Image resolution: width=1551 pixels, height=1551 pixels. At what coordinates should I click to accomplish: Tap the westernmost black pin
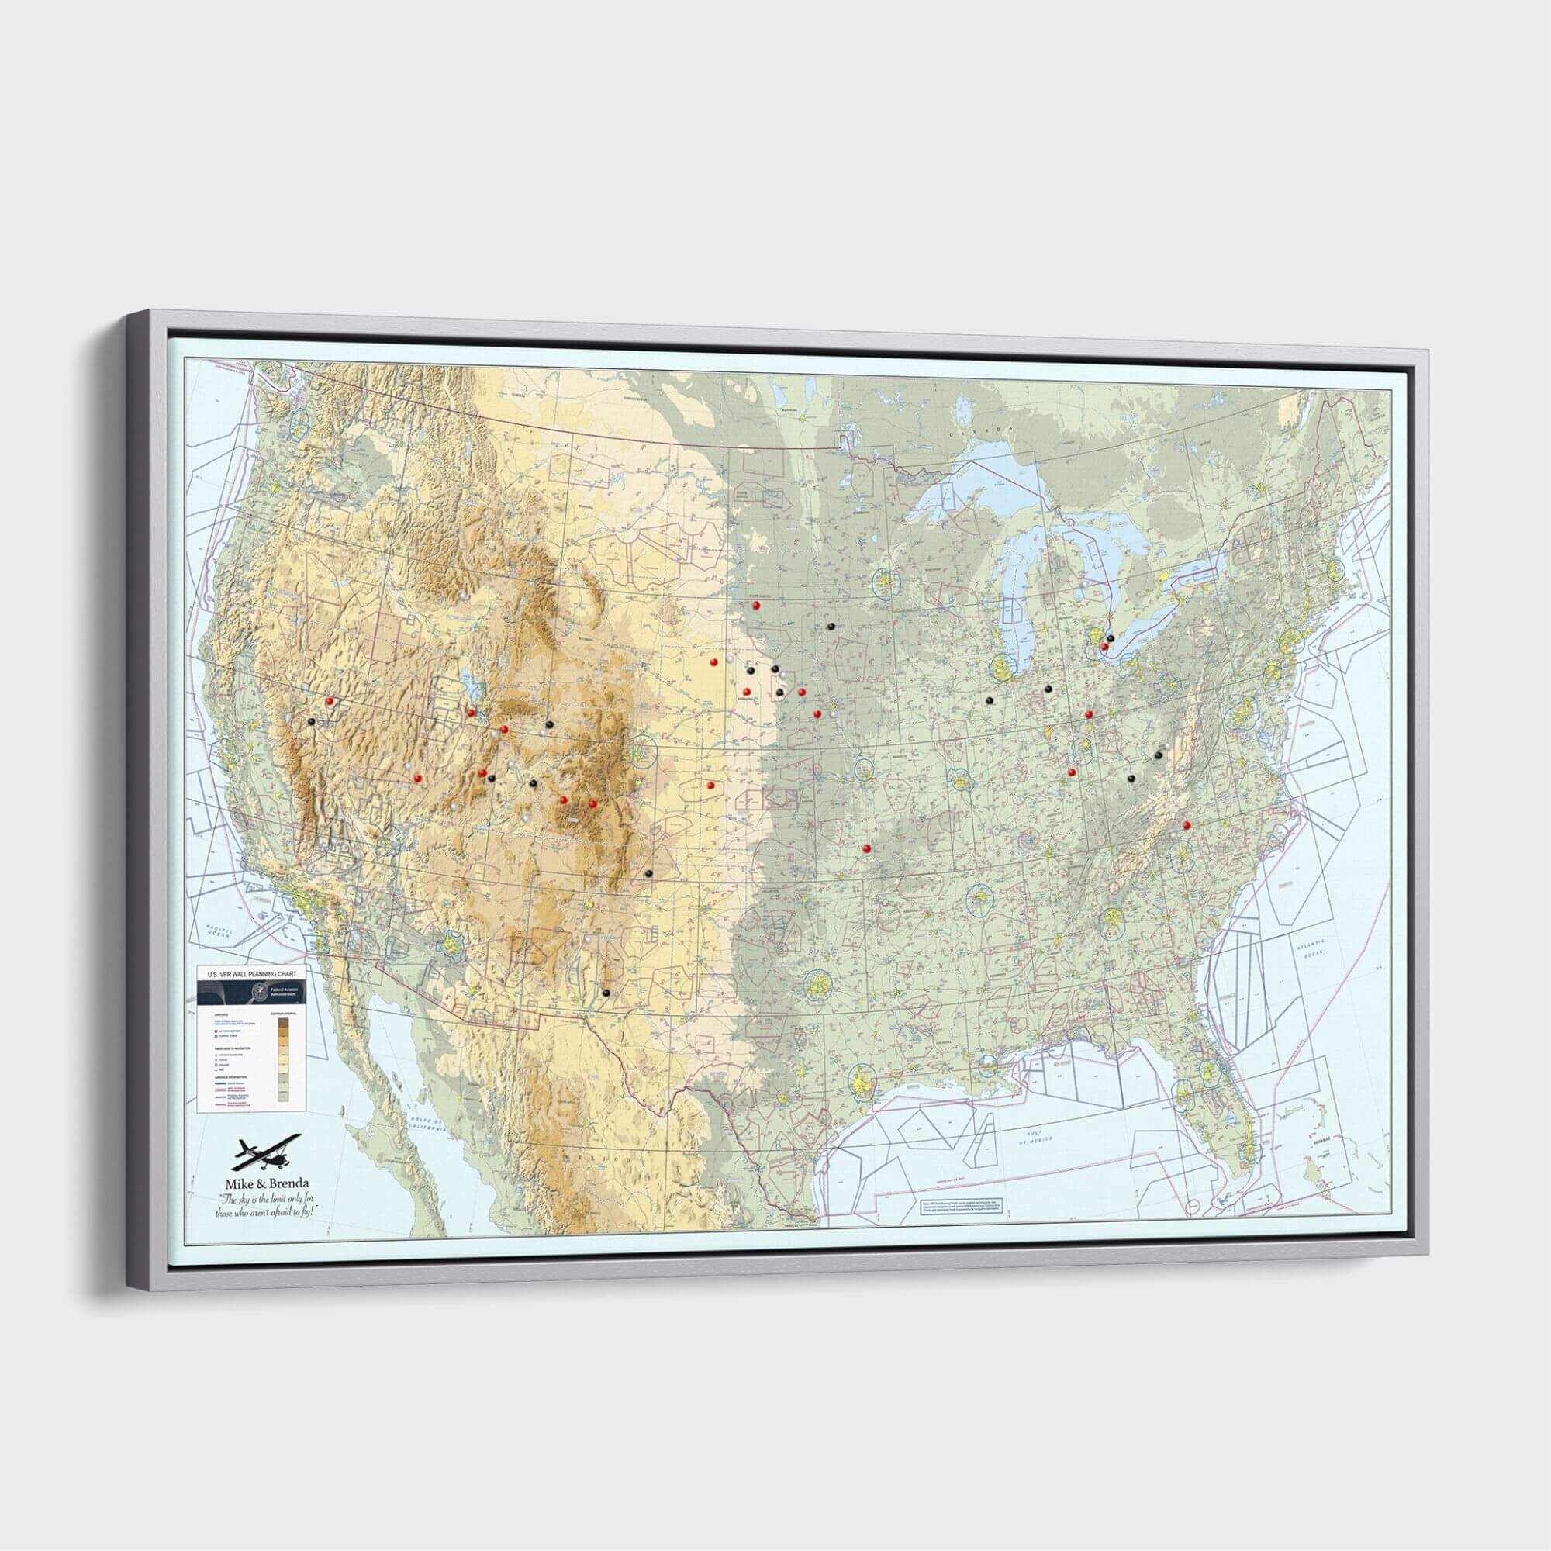click(x=310, y=721)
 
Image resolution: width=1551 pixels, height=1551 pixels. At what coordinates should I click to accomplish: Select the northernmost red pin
click(x=756, y=606)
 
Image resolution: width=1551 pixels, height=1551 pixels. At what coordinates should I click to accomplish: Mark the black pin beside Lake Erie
click(x=1111, y=637)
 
